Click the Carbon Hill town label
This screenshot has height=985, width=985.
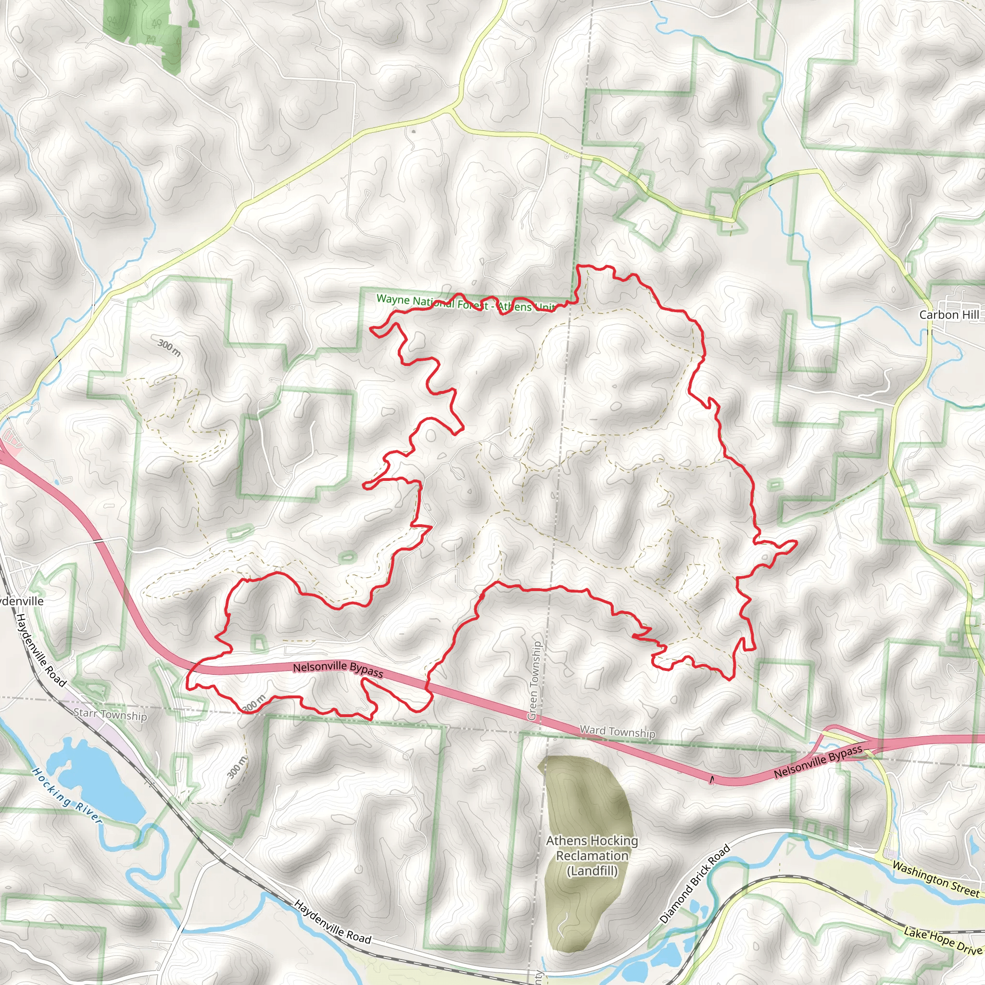click(x=948, y=315)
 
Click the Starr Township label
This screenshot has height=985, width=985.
click(x=110, y=714)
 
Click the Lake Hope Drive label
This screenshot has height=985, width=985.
click(x=943, y=941)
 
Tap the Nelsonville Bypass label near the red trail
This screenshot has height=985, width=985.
click(x=338, y=669)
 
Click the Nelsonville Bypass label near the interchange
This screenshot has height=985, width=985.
click(x=818, y=762)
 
